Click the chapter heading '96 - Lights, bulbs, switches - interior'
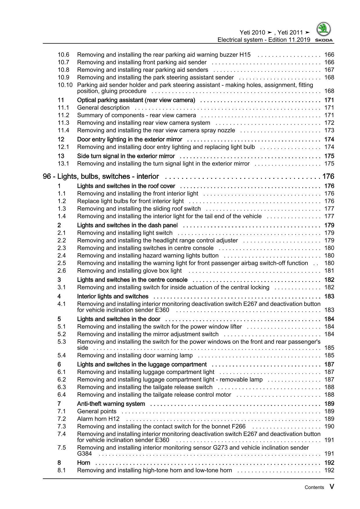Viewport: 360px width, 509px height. click(x=101, y=177)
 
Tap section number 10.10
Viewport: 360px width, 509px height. click(x=65, y=85)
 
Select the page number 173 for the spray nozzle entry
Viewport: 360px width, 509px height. click(x=329, y=130)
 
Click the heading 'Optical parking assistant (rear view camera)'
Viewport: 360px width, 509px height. click(x=136, y=100)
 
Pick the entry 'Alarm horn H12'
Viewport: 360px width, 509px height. click(x=98, y=419)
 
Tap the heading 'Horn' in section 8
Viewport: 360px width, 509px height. click(x=84, y=463)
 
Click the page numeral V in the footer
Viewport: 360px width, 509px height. click(x=332, y=487)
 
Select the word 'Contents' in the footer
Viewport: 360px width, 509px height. click(x=314, y=488)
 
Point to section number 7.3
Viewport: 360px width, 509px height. click(x=62, y=426)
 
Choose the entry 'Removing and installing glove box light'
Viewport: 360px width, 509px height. click(x=129, y=271)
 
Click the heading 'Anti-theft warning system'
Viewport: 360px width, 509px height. click(x=111, y=404)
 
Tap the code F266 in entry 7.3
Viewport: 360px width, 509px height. click(x=238, y=426)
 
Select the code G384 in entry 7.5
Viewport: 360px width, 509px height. click(x=84, y=454)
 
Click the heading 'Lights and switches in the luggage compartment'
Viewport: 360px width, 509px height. click(x=142, y=364)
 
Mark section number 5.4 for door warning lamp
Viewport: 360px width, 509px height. click(x=62, y=355)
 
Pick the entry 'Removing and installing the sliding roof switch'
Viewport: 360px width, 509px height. click(x=139, y=208)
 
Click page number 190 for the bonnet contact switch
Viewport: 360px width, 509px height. click(x=329, y=426)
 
